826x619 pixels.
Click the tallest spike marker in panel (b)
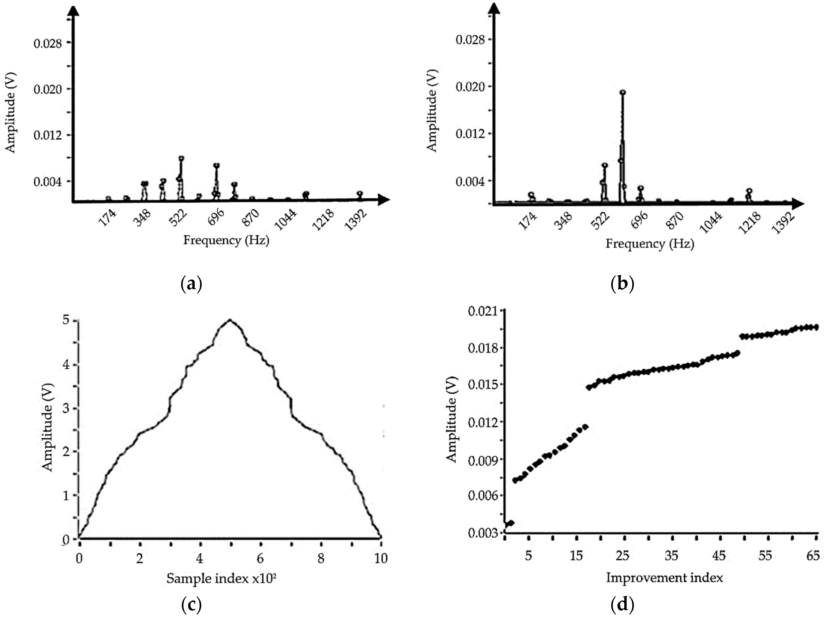pos(622,93)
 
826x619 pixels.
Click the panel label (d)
pos(622,604)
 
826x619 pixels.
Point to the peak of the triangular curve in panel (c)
pos(230,320)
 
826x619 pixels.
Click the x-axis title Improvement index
pos(664,578)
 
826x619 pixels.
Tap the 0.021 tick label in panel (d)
pos(482,311)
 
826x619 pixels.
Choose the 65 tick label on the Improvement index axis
pos(813,556)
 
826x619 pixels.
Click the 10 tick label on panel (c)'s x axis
pos(381,558)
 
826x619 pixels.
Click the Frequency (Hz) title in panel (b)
pos(650,244)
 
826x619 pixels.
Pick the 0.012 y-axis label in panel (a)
pos(48,135)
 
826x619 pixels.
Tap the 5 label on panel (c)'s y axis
pos(66,320)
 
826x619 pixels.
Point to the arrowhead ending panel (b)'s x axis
pos(797,204)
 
